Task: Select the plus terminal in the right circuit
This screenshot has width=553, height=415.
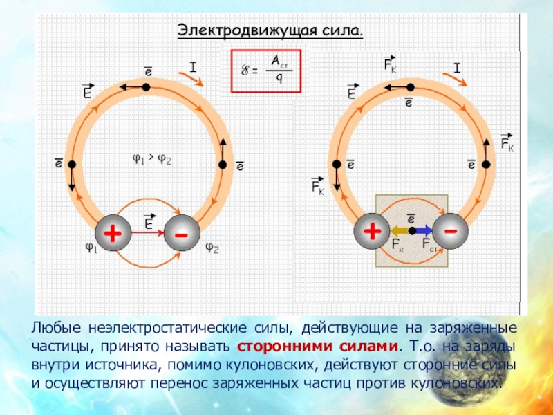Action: [x=372, y=230]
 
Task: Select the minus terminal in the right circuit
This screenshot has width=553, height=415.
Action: [x=450, y=230]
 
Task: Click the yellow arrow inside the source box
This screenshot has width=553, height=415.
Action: [x=399, y=230]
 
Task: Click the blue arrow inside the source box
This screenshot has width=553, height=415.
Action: [x=424, y=230]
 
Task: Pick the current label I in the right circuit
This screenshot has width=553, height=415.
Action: [x=456, y=67]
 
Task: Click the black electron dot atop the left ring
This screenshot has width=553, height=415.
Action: [x=146, y=87]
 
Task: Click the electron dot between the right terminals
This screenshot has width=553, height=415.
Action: [x=411, y=230]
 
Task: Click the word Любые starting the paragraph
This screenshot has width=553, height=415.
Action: [x=55, y=326]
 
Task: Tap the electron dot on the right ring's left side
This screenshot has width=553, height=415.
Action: [x=336, y=164]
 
